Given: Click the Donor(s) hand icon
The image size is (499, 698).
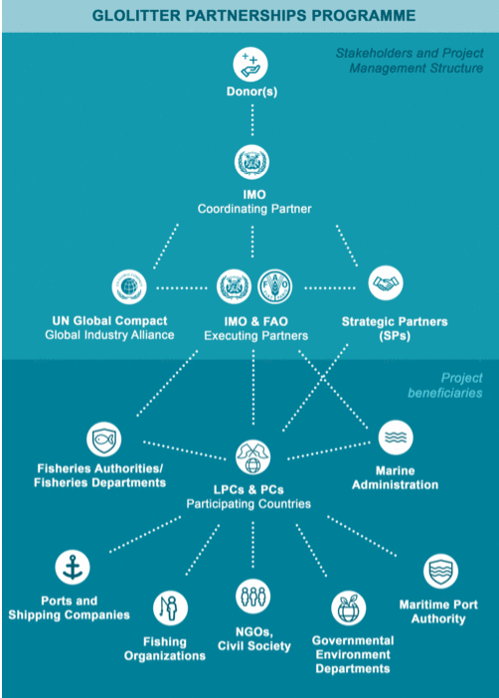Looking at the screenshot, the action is point(250,65).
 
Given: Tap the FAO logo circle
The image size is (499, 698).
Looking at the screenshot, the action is point(275,286).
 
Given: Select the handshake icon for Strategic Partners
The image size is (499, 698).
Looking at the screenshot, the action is point(386,283).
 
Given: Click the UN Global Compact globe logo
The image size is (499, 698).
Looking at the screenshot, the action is point(129,286).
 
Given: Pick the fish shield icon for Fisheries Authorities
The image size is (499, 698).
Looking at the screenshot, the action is point(103,439).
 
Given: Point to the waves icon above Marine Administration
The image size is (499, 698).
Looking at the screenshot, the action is point(396,437).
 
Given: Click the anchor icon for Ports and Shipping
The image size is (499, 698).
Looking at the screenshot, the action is point(73,567).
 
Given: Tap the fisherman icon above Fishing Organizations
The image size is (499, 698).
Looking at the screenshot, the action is point(171,609).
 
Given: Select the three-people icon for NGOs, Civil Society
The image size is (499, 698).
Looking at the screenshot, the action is point(252,597).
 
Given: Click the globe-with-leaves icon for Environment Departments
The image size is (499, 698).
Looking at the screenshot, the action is point(349,609).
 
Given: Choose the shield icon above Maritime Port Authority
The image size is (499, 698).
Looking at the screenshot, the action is point(440,571).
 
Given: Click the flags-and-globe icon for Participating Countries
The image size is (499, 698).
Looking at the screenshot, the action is point(252,457).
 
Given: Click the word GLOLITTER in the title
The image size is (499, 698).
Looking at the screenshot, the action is point(136,16).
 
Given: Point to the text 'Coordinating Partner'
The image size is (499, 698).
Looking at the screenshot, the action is point(254,209).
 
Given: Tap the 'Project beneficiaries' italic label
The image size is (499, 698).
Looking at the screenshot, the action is point(445,386).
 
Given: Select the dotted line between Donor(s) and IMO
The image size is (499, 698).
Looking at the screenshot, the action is point(252,120).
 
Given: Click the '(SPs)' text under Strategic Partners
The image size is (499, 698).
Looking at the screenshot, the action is point(395,336).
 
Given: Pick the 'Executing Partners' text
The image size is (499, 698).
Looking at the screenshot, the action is point(255,336).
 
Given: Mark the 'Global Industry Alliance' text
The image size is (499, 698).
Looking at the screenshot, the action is point(109,335).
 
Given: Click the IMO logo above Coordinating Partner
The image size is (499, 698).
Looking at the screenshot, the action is point(251,162).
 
